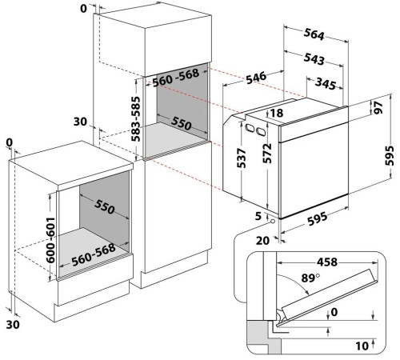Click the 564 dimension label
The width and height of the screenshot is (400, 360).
tap(314, 34)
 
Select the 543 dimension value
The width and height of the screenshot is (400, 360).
tap(314, 59)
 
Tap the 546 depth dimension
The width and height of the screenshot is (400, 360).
tap(256, 78)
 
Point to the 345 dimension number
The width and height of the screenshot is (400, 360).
tap(326, 84)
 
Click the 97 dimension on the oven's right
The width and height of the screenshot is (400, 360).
tap(378, 107)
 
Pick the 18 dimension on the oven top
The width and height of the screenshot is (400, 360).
tap(277, 113)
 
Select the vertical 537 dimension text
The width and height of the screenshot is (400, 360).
tap(242, 158)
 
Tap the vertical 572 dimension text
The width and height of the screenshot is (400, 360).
tap(267, 154)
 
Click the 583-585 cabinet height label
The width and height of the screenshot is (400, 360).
tap(136, 119)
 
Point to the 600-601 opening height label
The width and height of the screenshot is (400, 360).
tap(50, 240)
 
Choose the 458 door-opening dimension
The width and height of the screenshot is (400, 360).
tap(327, 262)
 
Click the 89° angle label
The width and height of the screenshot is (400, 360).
tap(310, 278)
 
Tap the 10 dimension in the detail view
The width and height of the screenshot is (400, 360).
tap(362, 346)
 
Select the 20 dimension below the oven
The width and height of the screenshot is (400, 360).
tap(262, 241)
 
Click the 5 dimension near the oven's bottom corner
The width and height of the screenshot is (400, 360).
tap(258, 216)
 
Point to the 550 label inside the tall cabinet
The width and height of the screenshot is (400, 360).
tap(182, 123)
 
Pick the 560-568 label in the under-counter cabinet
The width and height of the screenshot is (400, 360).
tap(94, 254)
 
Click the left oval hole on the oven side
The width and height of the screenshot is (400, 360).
tap(250, 128)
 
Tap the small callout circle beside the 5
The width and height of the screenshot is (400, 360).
tap(273, 221)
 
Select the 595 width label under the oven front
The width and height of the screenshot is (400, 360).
tap(317, 218)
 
